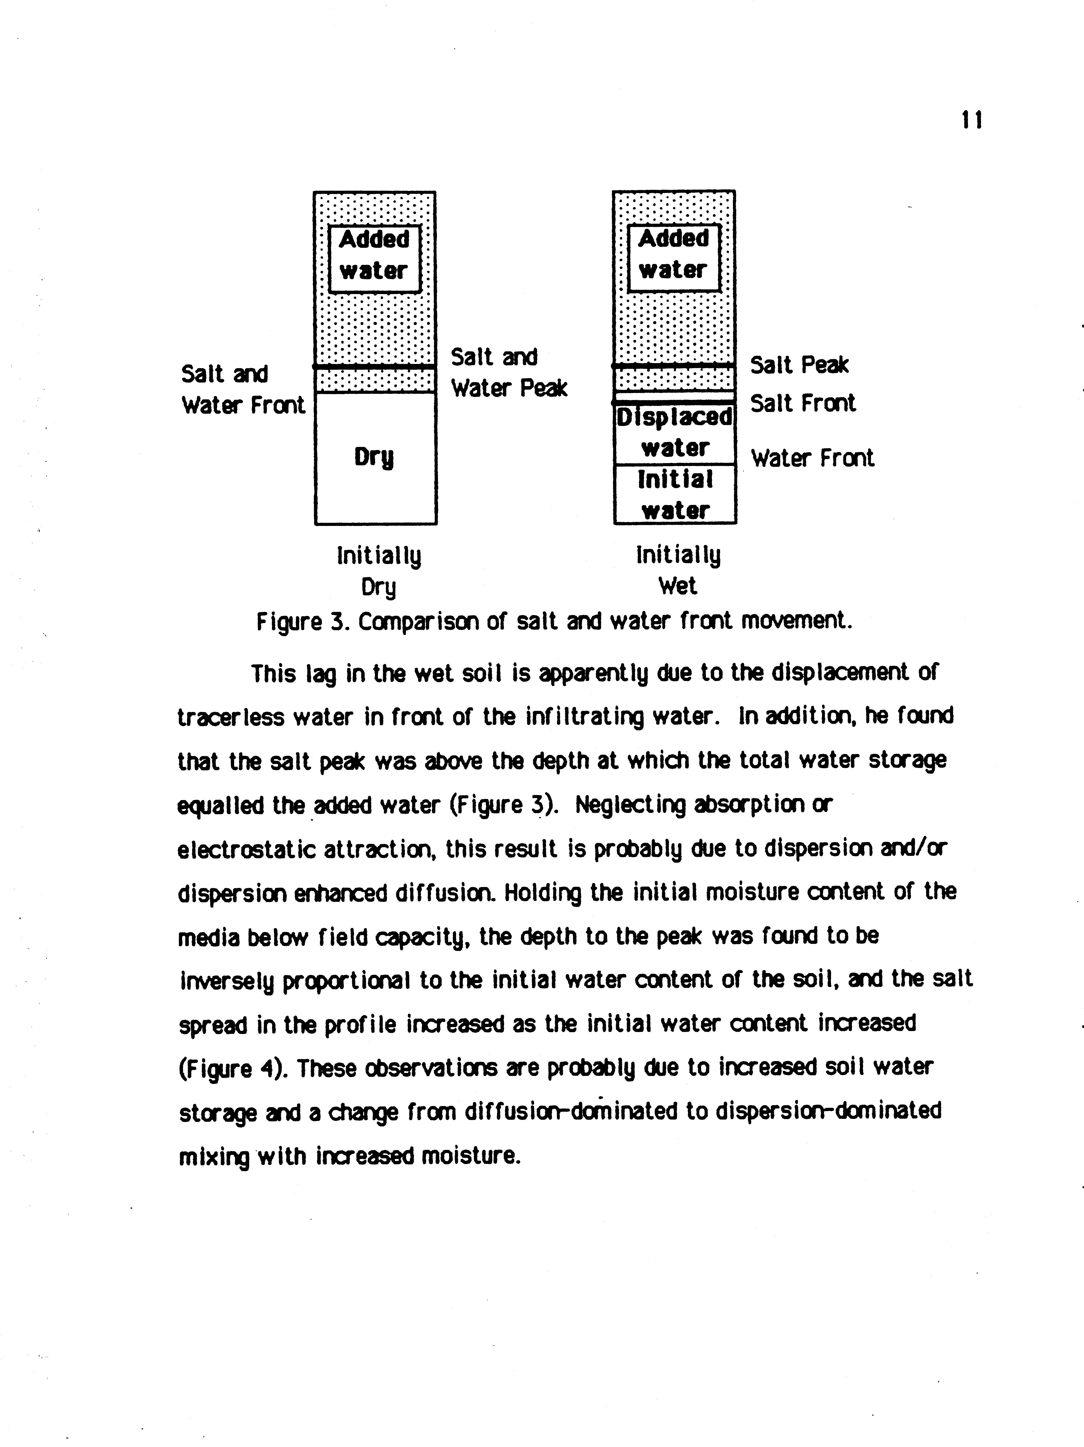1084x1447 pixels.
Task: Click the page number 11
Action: (972, 120)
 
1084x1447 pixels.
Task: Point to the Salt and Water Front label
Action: (243, 390)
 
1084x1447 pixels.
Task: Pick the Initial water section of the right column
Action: (675, 495)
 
